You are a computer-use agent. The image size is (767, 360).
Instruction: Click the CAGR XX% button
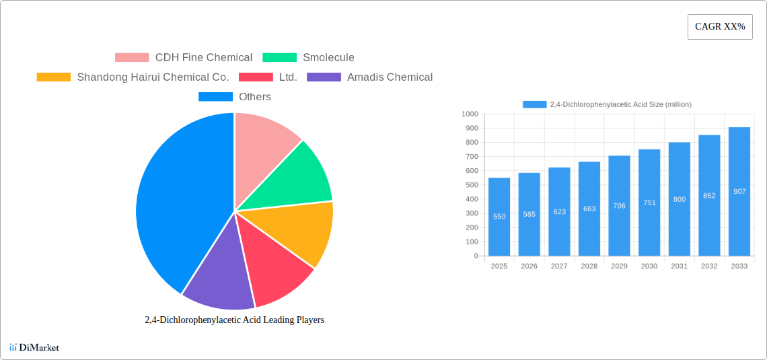click(720, 27)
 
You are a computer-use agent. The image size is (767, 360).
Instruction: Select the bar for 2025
click(499, 217)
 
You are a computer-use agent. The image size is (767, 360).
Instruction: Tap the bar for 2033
click(739, 192)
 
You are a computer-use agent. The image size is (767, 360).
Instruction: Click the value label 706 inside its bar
click(619, 206)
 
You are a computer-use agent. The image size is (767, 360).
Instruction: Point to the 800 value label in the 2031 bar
click(680, 199)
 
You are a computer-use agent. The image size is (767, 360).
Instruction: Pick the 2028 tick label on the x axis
click(589, 266)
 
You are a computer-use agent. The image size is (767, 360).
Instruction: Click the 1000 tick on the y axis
click(470, 114)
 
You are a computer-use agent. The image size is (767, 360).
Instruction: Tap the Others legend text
click(255, 97)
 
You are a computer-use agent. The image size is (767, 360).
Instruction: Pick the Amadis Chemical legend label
click(390, 77)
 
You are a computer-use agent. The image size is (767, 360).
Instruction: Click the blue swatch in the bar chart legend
click(534, 104)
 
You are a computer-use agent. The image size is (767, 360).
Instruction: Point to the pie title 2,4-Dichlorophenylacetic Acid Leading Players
click(234, 320)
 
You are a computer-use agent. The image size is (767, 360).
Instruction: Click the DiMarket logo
click(34, 347)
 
